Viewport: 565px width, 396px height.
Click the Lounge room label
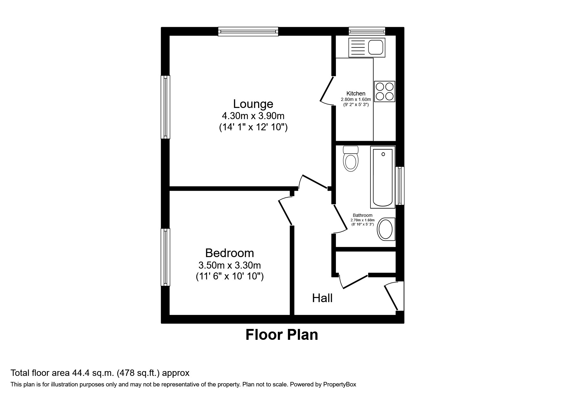click(x=253, y=104)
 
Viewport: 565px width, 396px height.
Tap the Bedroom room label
click(x=229, y=253)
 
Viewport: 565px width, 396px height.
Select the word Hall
click(x=322, y=298)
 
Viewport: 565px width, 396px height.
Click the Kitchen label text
click(x=356, y=94)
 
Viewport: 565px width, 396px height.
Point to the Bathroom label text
click(x=362, y=215)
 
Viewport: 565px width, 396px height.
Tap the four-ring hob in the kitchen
click(x=384, y=91)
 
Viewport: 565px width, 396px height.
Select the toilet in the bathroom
click(x=351, y=159)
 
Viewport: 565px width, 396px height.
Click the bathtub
click(x=383, y=177)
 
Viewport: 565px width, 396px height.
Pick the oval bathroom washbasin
click(x=386, y=229)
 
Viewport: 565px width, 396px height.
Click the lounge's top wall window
click(x=248, y=31)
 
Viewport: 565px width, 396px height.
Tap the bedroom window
click(x=165, y=257)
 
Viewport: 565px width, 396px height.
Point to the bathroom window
click(x=400, y=186)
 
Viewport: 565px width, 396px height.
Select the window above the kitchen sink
click(x=367, y=31)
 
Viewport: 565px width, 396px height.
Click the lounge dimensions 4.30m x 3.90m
click(x=253, y=116)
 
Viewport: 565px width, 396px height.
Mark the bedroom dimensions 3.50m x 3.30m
click(x=230, y=265)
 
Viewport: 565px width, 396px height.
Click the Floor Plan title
click(x=282, y=335)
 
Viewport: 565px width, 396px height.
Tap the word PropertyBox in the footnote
click(x=339, y=385)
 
